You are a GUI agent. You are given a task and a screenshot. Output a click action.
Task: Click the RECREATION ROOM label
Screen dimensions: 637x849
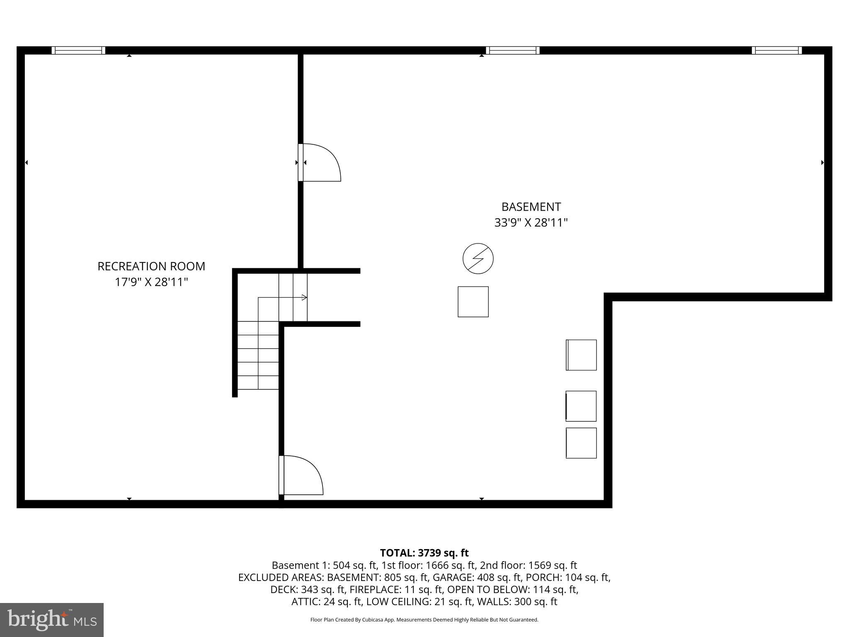pos(151,266)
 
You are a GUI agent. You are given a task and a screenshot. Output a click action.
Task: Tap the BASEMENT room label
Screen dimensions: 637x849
pos(531,207)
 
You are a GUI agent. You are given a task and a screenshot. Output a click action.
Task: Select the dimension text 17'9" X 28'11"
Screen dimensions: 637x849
pos(151,282)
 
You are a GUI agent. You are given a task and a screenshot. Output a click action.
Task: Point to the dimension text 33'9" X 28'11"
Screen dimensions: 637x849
pos(531,223)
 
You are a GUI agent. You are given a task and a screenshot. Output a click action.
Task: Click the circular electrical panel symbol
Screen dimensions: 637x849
pos(478,258)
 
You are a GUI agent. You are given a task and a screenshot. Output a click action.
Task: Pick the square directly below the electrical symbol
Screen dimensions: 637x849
pos(473,301)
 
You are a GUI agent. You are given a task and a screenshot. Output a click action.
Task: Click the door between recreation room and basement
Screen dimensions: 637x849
pos(319,163)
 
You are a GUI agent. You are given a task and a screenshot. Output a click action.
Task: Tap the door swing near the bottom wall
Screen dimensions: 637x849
pos(301,475)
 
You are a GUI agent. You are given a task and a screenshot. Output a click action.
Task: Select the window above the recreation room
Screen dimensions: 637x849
pos(78,51)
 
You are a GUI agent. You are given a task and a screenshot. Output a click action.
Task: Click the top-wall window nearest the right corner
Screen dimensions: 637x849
pos(777,51)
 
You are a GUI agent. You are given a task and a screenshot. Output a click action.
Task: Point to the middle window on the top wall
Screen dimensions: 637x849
pos(513,51)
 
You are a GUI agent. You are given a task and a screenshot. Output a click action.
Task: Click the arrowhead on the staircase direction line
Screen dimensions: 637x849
pos(305,297)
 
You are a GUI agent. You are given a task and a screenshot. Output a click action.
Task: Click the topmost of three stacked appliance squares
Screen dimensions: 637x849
pos(581,355)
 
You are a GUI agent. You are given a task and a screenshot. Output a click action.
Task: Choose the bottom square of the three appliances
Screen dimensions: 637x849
pos(581,443)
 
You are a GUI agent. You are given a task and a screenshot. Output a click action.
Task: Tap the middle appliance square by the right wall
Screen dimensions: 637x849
pos(581,406)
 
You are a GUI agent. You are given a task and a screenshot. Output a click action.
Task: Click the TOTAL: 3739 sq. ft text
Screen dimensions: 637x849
pos(424,553)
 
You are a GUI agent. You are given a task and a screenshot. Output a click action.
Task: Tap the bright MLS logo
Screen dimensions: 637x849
pos(52,620)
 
